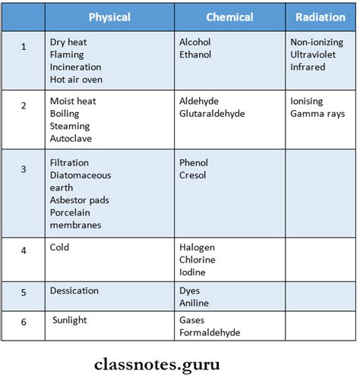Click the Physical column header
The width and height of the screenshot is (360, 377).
tap(109, 17)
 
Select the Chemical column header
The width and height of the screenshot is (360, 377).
tap(230, 17)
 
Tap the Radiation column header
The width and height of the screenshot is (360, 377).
tap(321, 17)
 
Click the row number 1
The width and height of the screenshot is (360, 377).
tap(24, 47)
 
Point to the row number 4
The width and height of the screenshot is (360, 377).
tap(24, 248)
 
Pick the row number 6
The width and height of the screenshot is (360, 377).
tap(24, 322)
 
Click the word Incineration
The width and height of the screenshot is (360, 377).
tap(75, 67)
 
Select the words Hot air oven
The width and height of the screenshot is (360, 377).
tap(76, 79)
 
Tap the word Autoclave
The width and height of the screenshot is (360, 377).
tap(70, 138)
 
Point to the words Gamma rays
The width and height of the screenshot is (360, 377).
tap(317, 114)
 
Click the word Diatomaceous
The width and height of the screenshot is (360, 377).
tap(81, 175)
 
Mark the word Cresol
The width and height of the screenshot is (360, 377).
tap(193, 175)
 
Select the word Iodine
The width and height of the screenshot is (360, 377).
tap(193, 272)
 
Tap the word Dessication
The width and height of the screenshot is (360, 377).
tap(74, 291)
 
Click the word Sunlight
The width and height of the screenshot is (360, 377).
tap(70, 320)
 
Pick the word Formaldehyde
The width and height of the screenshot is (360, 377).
tap(210, 333)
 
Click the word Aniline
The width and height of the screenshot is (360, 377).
tap(194, 303)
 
